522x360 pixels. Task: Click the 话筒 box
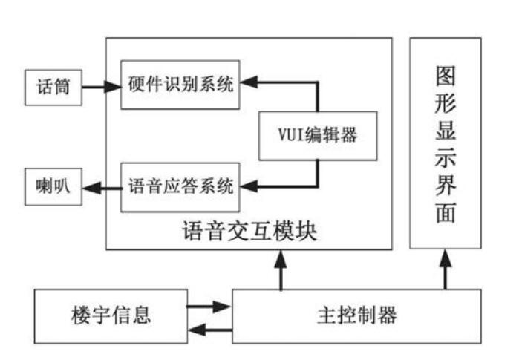pyautogui.click(x=53, y=88)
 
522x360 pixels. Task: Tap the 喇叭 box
pyautogui.click(x=53, y=186)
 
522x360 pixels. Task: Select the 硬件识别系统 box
pyautogui.click(x=180, y=85)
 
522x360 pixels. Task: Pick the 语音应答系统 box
pyautogui.click(x=180, y=186)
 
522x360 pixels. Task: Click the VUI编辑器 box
pyautogui.click(x=318, y=135)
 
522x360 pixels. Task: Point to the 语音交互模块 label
pyautogui.click(x=249, y=232)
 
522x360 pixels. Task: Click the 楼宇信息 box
pyautogui.click(x=111, y=315)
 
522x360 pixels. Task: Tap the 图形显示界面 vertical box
pyautogui.click(x=446, y=143)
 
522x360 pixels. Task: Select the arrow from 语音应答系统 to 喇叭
pyautogui.click(x=101, y=186)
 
